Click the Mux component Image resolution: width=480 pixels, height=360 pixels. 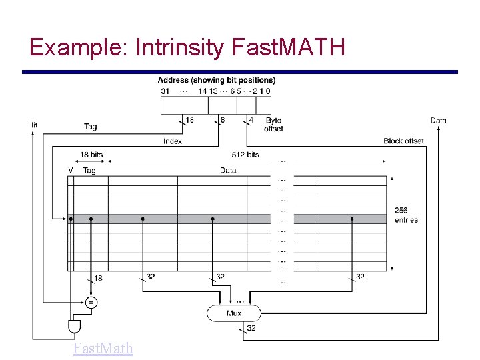pos(234,313)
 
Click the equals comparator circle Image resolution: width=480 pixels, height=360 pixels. pos(91,302)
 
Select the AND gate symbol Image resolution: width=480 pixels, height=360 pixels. pos(74,327)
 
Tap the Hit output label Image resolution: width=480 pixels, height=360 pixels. pos(33,125)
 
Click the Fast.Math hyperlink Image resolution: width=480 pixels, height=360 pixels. pos(103,348)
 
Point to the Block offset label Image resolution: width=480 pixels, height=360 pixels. pos(403,141)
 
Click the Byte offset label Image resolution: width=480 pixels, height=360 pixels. pos(273,125)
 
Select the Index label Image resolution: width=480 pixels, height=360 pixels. pos(173,141)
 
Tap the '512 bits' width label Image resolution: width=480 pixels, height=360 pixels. pos(245,155)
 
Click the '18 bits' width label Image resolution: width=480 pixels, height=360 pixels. pos(91,155)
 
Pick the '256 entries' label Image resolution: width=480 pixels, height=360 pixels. pos(406,215)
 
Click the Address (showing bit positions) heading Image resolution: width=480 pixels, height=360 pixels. pos(217,80)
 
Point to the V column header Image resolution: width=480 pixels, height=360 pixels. pos(70,171)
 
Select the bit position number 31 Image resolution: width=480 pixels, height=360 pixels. pos(165,91)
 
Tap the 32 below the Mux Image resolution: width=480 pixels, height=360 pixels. pos(251,327)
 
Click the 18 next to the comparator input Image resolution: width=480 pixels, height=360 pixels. pos(99,278)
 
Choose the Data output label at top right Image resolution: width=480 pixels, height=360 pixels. pos(438,121)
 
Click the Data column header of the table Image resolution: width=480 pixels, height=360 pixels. pos(228,171)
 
